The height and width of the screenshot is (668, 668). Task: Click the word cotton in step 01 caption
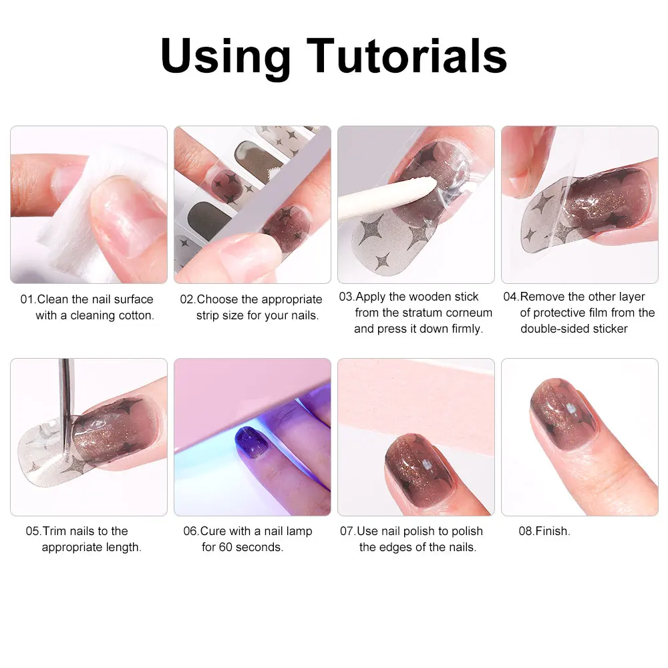point(136,315)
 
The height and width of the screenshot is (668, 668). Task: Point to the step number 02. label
point(188,299)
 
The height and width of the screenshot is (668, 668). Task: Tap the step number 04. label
point(511,297)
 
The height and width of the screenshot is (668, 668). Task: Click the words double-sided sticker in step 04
point(574,329)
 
